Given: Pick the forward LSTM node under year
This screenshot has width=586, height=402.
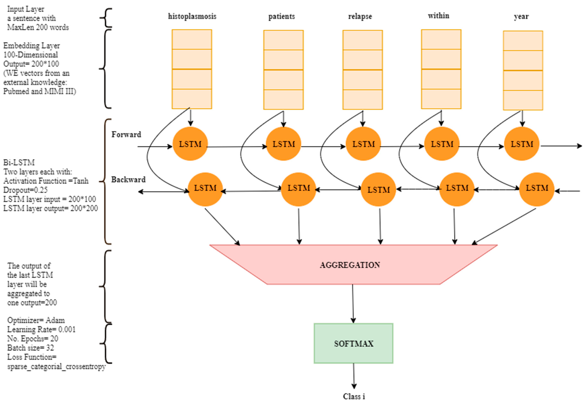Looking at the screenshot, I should (x=522, y=144).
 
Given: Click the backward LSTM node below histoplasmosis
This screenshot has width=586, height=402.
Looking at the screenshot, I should (x=205, y=189).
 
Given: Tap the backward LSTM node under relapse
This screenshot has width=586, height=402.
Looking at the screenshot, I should (x=378, y=189).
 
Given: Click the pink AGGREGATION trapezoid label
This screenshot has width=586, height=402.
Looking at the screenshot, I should (x=350, y=265).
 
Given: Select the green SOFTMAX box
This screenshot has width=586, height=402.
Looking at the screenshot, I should (x=353, y=343).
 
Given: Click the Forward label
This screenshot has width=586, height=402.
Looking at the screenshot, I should (x=126, y=134).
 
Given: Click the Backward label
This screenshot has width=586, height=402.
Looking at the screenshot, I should (x=128, y=179).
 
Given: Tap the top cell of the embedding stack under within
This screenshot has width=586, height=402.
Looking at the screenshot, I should (x=441, y=40).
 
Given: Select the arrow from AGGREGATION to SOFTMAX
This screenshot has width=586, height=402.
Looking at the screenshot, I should (x=353, y=304).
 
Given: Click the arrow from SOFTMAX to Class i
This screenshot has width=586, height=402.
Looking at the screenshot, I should (x=354, y=376).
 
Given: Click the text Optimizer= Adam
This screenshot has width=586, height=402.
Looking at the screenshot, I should (x=36, y=320).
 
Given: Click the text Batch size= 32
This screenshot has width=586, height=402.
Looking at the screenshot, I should (x=31, y=348).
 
